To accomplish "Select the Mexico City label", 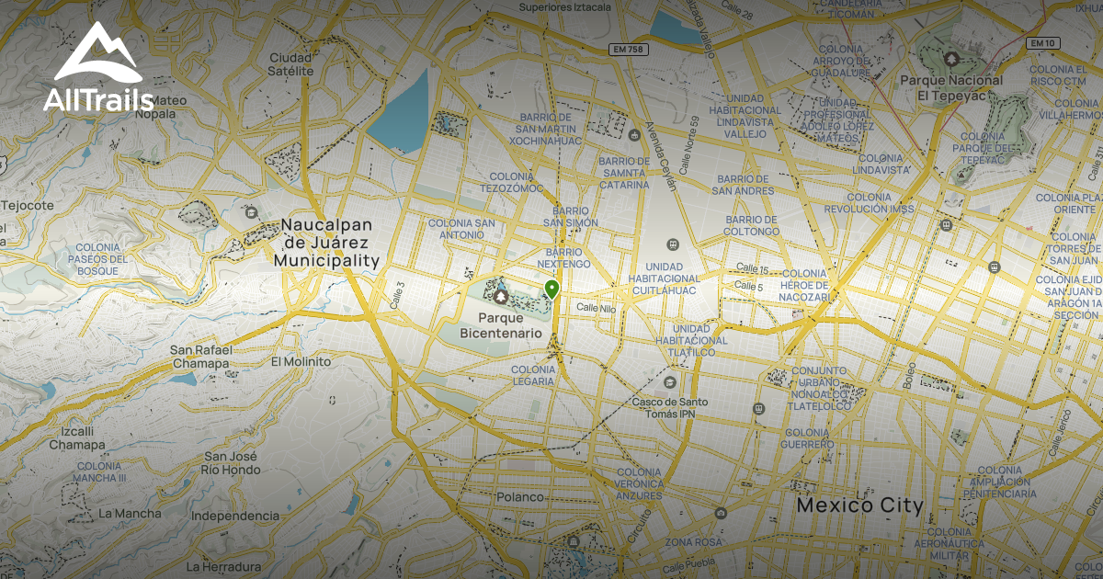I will pyautogui.click(x=859, y=505).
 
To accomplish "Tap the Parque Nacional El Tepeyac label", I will pyautogui.click(x=964, y=87).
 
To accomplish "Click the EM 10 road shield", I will pyautogui.click(x=1041, y=43).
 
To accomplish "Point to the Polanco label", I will pyautogui.click(x=520, y=497).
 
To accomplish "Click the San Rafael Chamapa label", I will pyautogui.click(x=199, y=357).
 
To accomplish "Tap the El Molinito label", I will pyautogui.click(x=301, y=361).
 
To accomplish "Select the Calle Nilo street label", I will pyautogui.click(x=597, y=309).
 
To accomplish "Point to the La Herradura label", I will pyautogui.click(x=219, y=566).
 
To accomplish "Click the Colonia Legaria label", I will pyautogui.click(x=532, y=375).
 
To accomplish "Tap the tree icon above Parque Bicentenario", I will pyautogui.click(x=500, y=297).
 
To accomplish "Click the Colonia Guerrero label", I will pyautogui.click(x=808, y=438).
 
